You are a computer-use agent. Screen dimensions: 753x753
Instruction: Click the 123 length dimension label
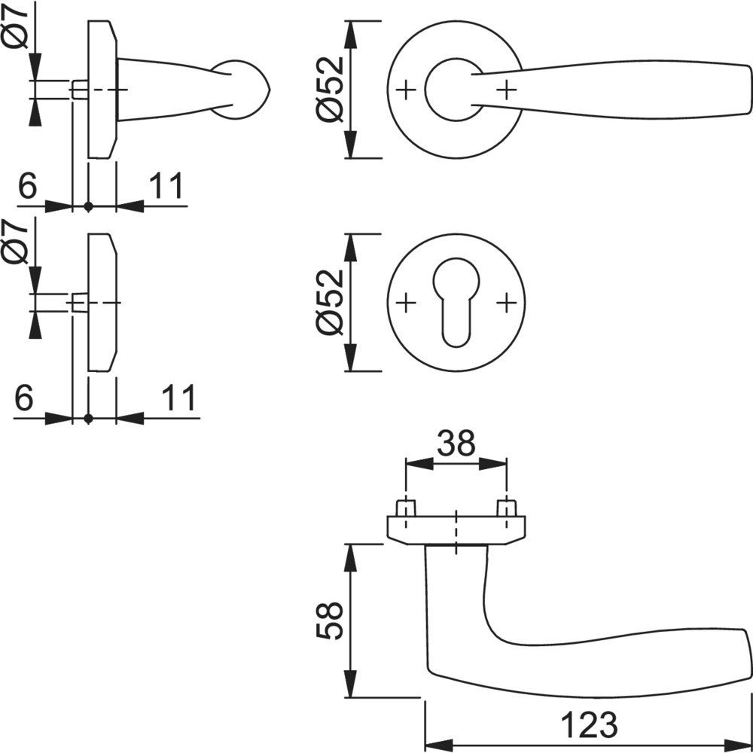590,724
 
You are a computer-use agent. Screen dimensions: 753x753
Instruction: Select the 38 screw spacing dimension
456,444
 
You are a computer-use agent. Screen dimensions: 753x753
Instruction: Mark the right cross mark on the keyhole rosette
506,303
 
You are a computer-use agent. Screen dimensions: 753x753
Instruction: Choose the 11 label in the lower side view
178,398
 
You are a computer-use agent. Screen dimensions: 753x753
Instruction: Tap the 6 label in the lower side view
25,398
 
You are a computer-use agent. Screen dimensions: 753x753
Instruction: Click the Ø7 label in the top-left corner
16,28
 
